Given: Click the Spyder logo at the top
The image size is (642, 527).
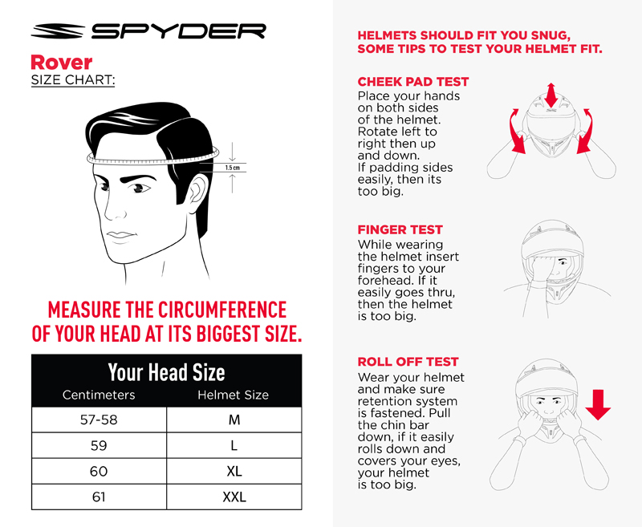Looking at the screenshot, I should point(148,31).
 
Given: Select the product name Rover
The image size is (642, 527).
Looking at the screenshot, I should point(61,63).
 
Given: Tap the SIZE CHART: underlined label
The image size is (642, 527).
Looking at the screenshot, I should point(72,81).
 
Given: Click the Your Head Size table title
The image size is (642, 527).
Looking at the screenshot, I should point(166,372).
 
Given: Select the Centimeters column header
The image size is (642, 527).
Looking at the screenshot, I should point(99,395).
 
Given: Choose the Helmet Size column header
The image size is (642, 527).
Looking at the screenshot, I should point(234,395).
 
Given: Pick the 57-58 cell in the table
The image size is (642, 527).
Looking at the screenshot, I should point(99,420).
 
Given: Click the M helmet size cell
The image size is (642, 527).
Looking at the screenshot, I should point(234,420).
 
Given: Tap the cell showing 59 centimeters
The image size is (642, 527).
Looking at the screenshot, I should point(99,446).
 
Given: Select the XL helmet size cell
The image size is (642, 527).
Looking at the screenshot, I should point(234,472).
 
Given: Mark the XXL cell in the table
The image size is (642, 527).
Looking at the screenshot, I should point(234,497).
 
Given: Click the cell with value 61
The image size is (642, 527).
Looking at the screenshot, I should point(99,497).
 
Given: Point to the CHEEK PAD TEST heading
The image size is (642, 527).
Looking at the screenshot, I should point(413,82).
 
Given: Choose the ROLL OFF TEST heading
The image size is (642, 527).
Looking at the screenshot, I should point(408,362).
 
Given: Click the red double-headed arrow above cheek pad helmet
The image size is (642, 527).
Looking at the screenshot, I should point(551,94).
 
